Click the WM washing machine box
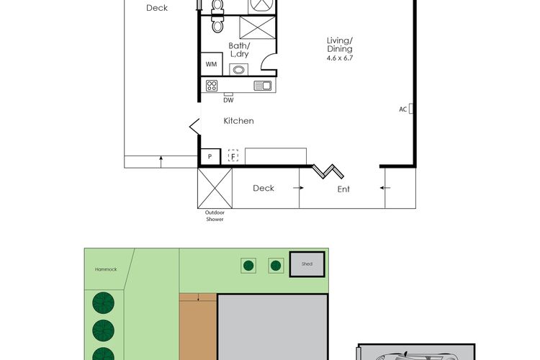(212, 64)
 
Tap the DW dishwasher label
(228, 100)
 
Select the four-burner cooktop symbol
(212, 86)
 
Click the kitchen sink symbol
(263, 86)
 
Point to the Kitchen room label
(238, 121)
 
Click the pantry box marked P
(210, 157)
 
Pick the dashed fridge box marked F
(233, 156)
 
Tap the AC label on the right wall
(403, 109)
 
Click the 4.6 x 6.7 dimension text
(340, 58)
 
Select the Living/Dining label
(340, 45)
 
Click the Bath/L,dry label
(239, 50)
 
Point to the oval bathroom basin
(238, 70)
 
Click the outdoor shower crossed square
(215, 188)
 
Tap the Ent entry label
(343, 189)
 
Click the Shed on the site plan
(307, 264)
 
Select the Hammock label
(106, 269)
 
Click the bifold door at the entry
(328, 171)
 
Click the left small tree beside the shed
(248, 266)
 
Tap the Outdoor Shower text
(215, 216)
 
